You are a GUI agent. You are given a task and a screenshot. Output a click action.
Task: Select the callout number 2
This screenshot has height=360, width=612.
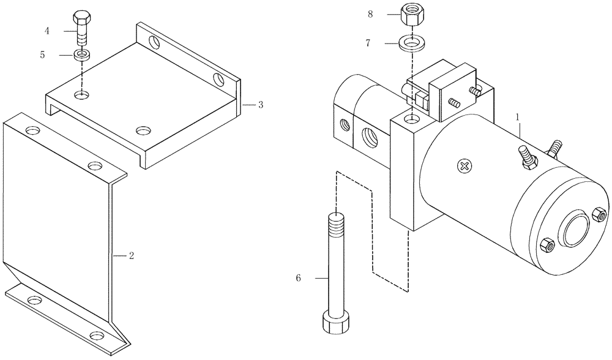point(131,255)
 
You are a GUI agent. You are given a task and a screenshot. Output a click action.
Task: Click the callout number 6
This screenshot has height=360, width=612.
point(298,279)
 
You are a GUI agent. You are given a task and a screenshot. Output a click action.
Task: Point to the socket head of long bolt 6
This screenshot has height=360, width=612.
point(336,322)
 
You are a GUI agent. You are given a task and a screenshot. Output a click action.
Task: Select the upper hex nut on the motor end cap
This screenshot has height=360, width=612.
point(599,216)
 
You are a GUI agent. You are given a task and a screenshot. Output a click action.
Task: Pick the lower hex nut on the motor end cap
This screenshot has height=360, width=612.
point(547,246)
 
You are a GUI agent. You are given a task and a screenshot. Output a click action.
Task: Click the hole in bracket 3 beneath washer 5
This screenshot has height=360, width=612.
point(81,95)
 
